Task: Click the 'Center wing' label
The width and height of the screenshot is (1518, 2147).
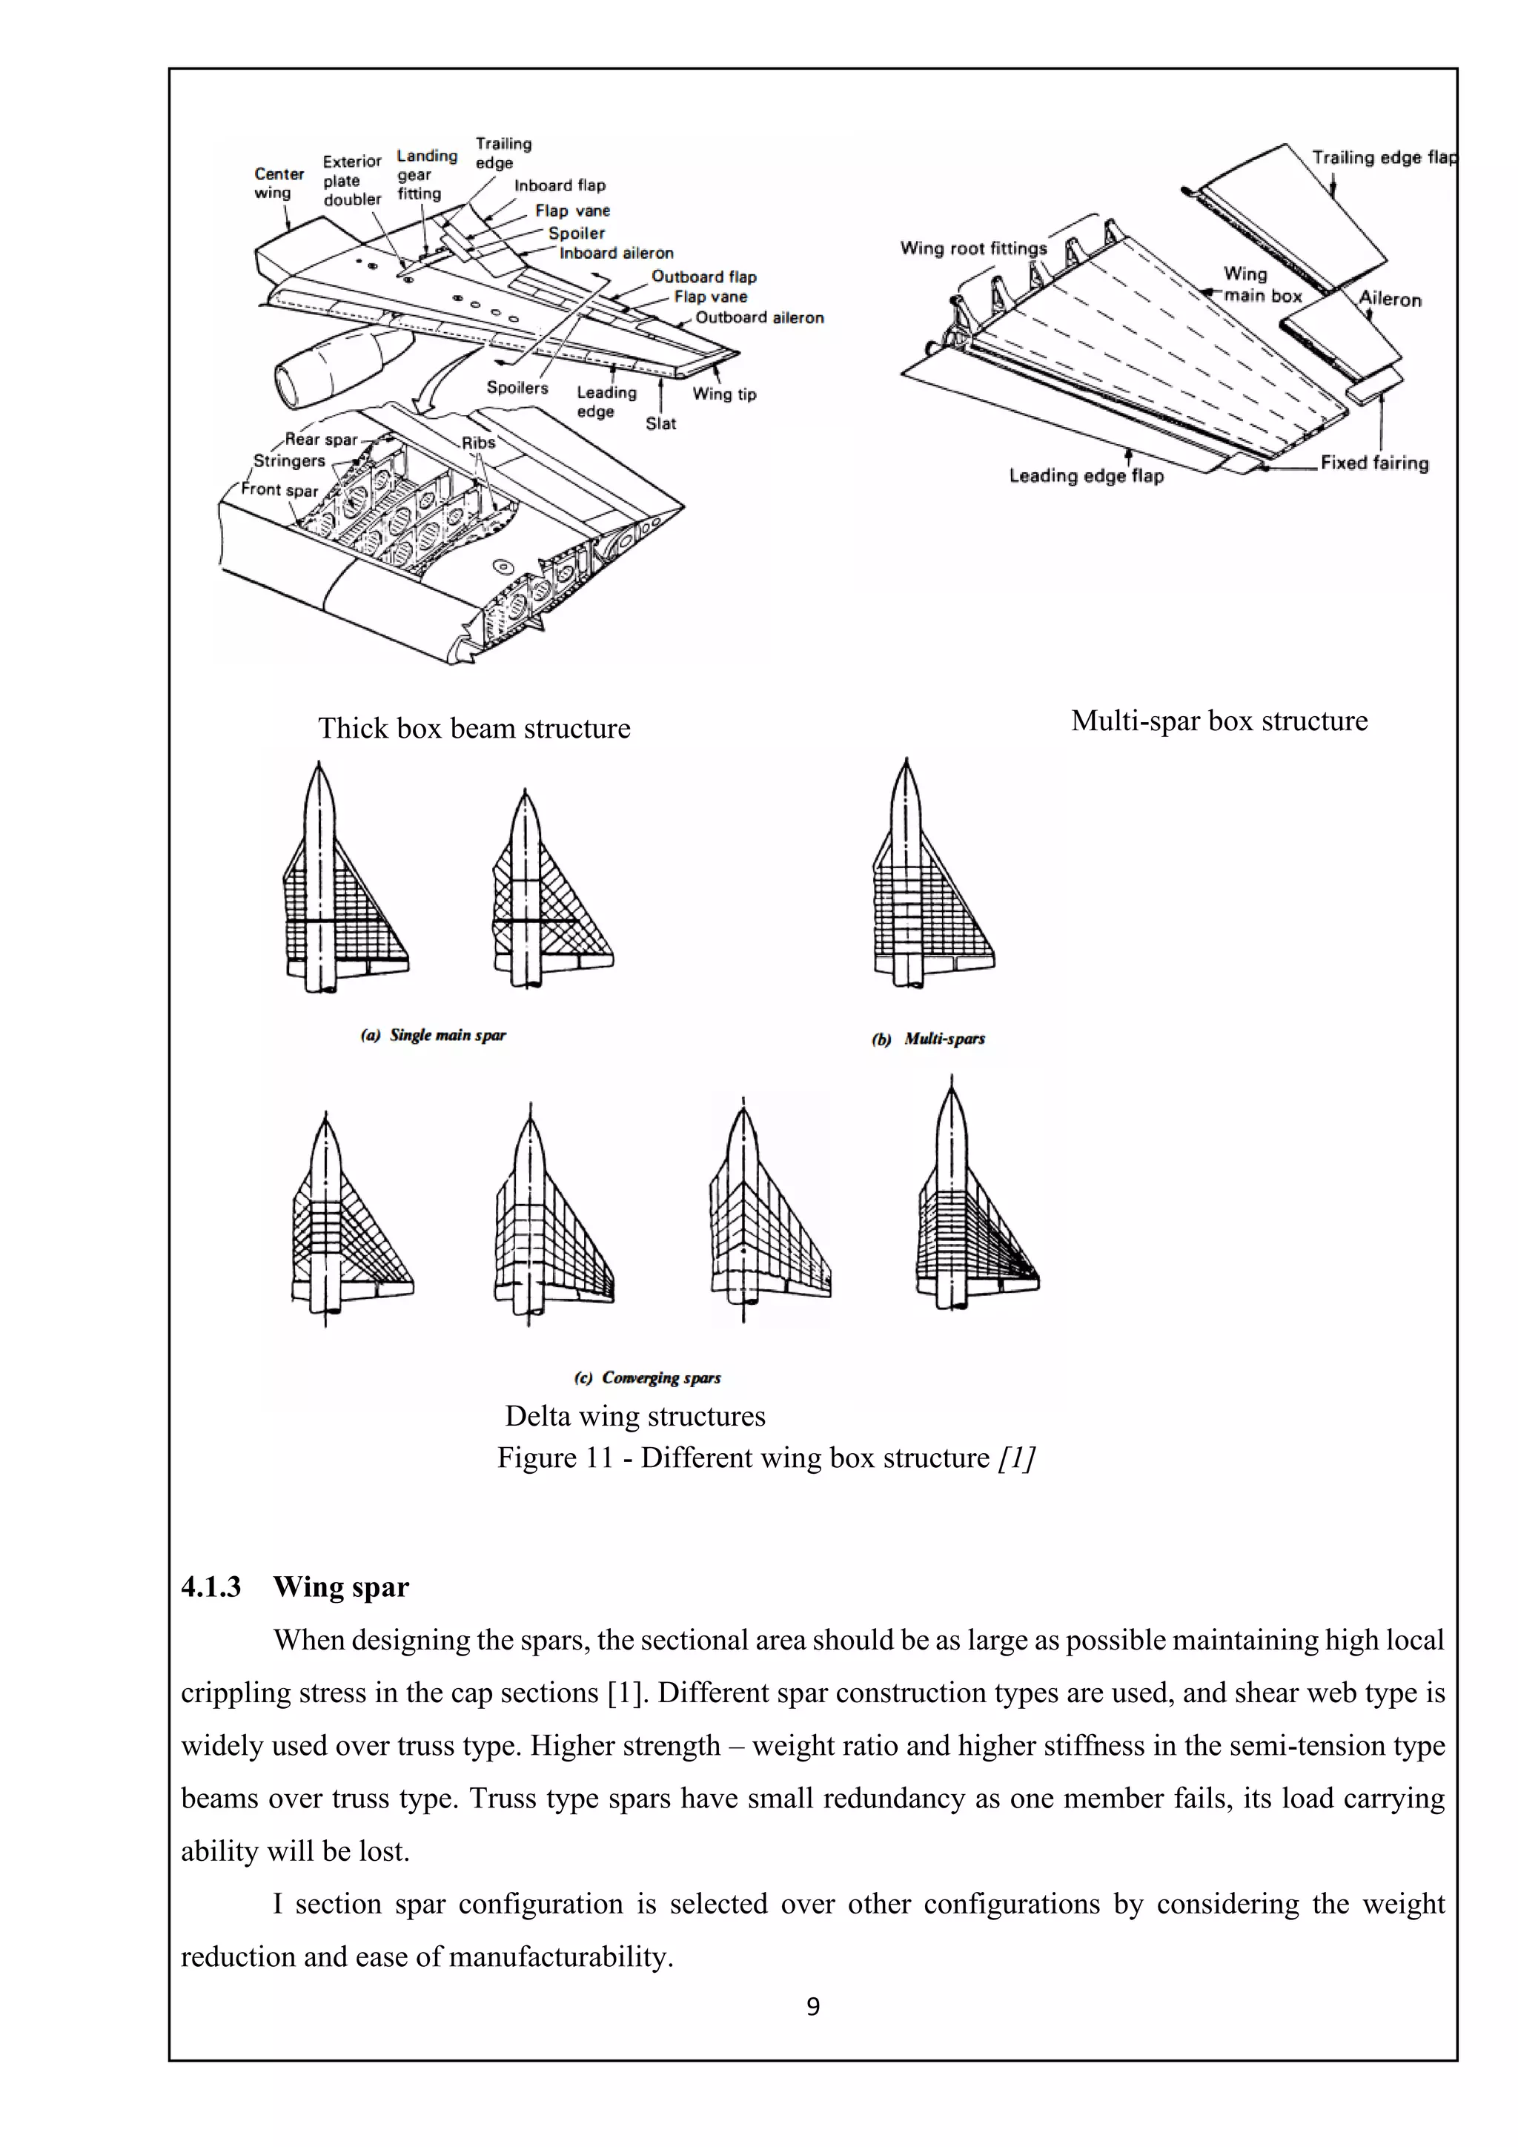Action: [279, 183]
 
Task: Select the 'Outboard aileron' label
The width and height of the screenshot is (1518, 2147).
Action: [759, 318]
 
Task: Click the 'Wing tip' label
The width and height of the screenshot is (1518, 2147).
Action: [723, 394]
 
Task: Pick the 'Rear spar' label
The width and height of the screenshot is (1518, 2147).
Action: [321, 440]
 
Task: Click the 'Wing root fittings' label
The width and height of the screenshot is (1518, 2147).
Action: [973, 249]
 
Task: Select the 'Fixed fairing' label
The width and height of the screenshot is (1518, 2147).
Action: [1374, 463]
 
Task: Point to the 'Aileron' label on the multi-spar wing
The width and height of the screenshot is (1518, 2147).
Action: [1389, 300]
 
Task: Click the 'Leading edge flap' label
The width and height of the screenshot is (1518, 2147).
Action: [1086, 476]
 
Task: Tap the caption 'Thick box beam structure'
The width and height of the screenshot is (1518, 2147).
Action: [474, 729]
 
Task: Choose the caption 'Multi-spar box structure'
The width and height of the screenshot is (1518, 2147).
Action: [1219, 721]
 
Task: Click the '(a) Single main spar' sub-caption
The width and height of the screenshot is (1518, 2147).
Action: [434, 1035]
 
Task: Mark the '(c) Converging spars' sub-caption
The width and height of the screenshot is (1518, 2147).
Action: [648, 1377]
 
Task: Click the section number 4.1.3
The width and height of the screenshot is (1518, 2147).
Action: [211, 1587]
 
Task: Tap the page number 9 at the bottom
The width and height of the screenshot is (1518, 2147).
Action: [812, 2007]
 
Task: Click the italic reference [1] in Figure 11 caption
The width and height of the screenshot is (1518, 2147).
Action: [1016, 1458]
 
